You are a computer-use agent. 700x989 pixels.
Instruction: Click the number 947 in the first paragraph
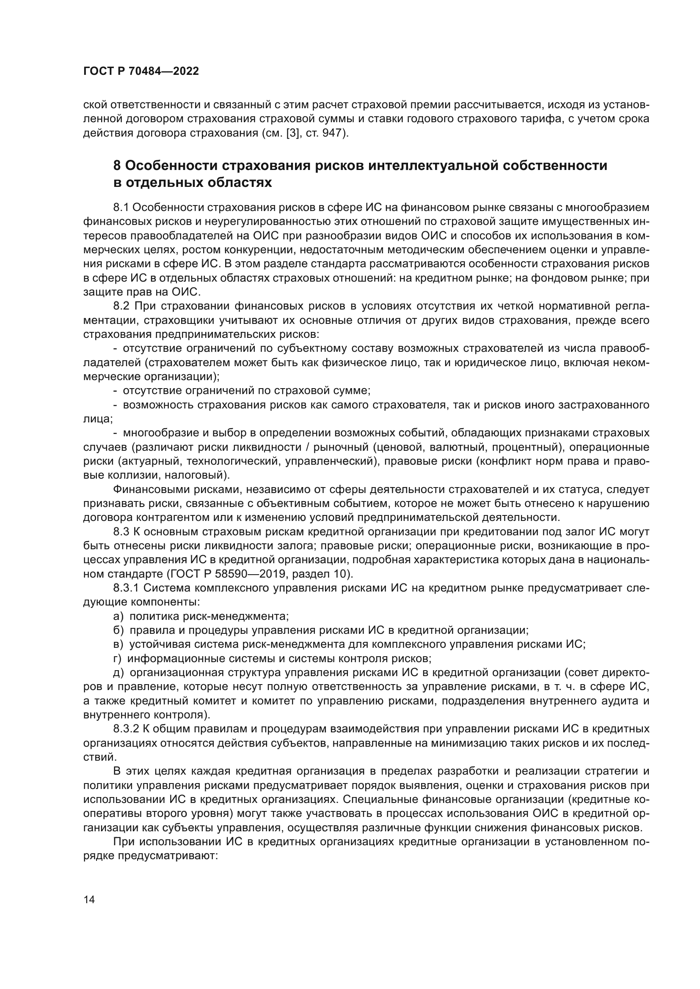[335, 133]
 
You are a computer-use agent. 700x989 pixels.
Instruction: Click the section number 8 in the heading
[117, 165]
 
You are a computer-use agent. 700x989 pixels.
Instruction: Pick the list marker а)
[118, 616]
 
